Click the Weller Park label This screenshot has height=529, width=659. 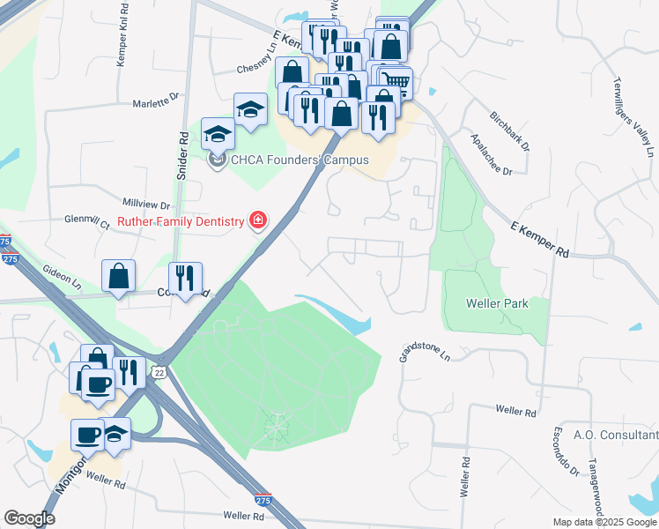pos(498,303)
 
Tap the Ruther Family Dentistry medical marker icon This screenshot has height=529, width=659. pos(258,220)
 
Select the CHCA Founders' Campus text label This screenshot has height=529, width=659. pos(286,160)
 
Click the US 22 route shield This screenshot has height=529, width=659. pos(159,372)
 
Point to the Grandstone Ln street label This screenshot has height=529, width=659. pos(425,353)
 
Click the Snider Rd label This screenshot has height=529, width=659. pos(183,157)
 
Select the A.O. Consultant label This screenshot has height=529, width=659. pos(616,435)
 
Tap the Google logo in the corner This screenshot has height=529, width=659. pos(29,518)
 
